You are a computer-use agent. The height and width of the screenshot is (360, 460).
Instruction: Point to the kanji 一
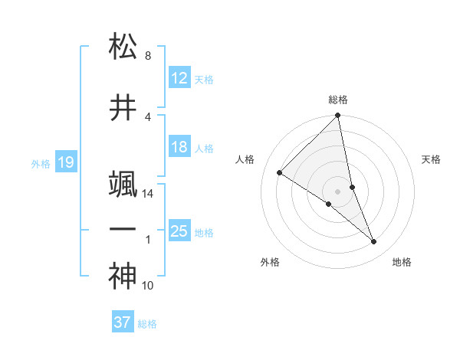(x=123, y=229)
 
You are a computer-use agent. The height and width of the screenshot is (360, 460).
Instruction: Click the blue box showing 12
(x=179, y=78)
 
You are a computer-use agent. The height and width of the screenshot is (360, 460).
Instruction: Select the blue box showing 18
(x=179, y=147)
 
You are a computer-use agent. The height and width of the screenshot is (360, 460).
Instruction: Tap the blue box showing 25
(x=179, y=231)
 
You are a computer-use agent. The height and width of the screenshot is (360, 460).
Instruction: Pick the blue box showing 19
(x=65, y=162)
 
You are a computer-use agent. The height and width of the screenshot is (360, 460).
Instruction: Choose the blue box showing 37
(x=123, y=322)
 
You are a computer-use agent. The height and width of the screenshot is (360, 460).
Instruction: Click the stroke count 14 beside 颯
(x=148, y=194)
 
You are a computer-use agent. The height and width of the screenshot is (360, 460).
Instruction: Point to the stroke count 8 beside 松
(x=148, y=56)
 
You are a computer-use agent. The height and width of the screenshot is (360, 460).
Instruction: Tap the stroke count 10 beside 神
(x=148, y=286)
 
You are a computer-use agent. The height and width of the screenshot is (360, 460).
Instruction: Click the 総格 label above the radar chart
(x=338, y=100)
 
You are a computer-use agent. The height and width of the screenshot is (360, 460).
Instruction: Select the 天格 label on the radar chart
(x=432, y=159)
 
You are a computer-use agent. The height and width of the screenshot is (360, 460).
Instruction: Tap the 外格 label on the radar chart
(x=270, y=262)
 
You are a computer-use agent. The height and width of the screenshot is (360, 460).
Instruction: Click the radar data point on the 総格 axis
(x=338, y=116)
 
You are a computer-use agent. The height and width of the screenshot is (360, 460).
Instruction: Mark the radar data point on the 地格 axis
(x=374, y=242)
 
